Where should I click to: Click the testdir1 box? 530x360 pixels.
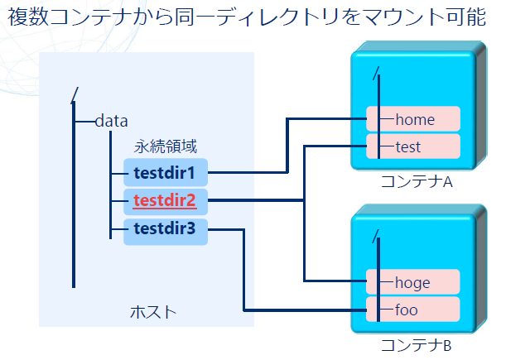(x=166, y=172)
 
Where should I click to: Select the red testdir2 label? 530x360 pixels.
(x=165, y=200)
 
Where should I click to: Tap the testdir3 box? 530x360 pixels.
(x=166, y=232)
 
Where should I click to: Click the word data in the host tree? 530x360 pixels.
(x=112, y=121)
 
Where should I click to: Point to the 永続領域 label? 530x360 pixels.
(x=166, y=146)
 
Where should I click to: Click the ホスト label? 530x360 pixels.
(x=153, y=312)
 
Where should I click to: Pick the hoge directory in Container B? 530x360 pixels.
(x=412, y=281)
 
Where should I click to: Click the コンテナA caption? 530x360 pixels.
(x=417, y=182)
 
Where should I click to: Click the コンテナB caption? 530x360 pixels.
(x=416, y=345)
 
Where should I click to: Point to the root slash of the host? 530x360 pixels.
(x=75, y=95)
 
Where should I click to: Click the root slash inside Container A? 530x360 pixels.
(x=376, y=74)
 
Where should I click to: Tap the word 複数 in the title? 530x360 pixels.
(x=28, y=17)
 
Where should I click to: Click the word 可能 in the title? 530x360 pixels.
(x=466, y=17)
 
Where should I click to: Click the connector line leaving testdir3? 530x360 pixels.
(x=243, y=270)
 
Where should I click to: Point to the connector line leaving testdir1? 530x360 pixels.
(x=287, y=146)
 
